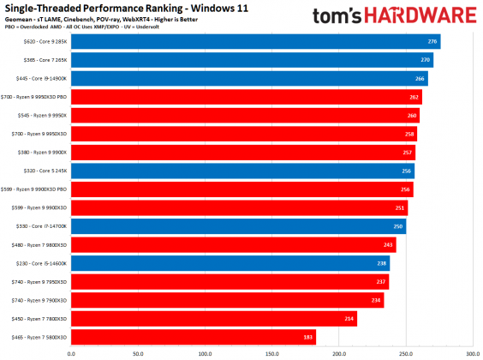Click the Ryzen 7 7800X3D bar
coord(213,319)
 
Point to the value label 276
coord(432,41)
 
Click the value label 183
coord(308,337)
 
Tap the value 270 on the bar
coord(426,60)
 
